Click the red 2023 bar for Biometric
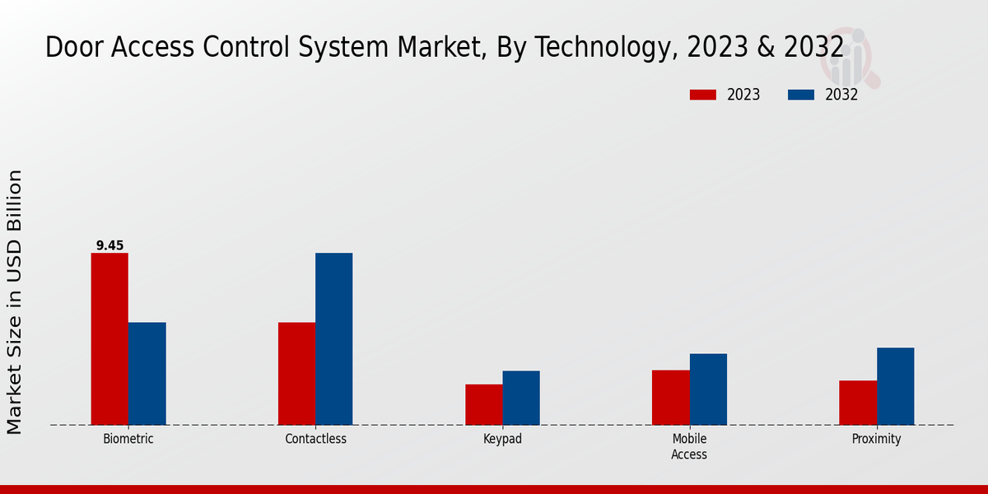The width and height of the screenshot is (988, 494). (110, 338)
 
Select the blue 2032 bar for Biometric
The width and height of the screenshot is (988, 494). (147, 373)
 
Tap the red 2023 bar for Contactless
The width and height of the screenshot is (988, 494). (296, 373)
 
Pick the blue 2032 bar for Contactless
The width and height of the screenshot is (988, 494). (333, 338)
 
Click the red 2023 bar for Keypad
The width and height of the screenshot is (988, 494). (483, 404)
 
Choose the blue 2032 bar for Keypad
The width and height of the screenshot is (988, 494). (521, 398)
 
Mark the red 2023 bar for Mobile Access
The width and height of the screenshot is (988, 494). (670, 397)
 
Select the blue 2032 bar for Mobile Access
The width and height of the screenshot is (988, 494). (708, 389)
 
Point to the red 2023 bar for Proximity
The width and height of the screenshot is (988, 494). (858, 403)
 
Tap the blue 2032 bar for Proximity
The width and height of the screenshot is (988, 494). (895, 386)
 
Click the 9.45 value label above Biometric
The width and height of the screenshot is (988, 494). (110, 245)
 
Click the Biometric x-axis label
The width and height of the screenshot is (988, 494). (128, 439)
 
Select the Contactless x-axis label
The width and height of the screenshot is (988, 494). (315, 439)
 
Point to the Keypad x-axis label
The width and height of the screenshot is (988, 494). (502, 439)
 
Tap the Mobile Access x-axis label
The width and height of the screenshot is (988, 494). (689, 446)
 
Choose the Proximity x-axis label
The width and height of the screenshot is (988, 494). (876, 439)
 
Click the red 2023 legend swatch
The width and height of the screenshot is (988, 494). (702, 95)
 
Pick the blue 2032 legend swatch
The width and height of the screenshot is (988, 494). (800, 95)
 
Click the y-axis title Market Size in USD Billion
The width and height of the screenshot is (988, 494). (15, 302)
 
